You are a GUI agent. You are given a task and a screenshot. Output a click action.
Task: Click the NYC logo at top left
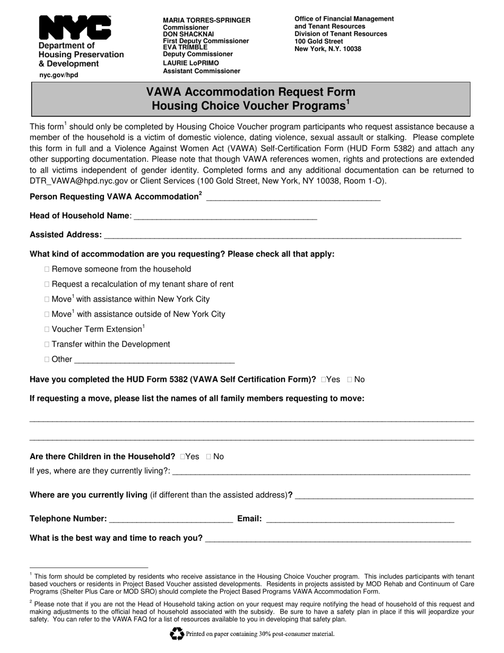pos(75,28)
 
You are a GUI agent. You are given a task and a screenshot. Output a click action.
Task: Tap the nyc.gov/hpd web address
pos(58,75)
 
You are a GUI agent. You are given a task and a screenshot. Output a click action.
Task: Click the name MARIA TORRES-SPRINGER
pos(206,20)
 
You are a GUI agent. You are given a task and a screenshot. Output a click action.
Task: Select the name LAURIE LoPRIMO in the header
pos(190,63)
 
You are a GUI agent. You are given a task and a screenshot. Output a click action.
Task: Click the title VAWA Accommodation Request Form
pos(250,92)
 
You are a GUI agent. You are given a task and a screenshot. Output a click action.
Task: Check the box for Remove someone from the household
pos(48,269)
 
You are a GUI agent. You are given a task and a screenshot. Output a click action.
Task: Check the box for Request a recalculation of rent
pos(48,284)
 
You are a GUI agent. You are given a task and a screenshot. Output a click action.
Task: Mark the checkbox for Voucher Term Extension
pos(48,329)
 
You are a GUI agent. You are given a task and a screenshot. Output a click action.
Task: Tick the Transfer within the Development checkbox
pos(48,344)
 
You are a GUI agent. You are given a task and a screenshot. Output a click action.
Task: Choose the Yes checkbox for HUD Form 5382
pos(324,379)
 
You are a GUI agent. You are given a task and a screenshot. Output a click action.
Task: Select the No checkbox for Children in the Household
pos(209,457)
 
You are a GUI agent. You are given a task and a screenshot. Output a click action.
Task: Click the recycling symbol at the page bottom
pos(177,633)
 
